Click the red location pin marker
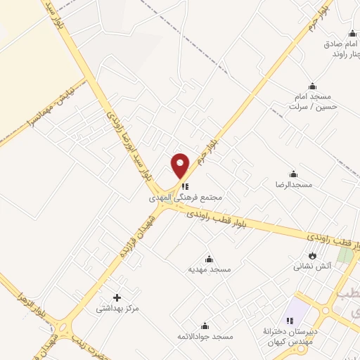(x=181, y=166)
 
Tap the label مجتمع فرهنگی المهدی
(x=186, y=198)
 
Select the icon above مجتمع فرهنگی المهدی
(x=186, y=187)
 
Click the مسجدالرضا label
(x=293, y=184)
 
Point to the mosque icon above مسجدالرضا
(x=293, y=174)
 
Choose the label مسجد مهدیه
(x=209, y=269)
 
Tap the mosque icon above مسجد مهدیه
(x=209, y=259)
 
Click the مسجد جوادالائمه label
(x=205, y=337)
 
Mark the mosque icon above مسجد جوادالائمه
(x=205, y=326)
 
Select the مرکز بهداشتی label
(x=117, y=308)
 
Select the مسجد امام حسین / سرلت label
(x=314, y=101)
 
